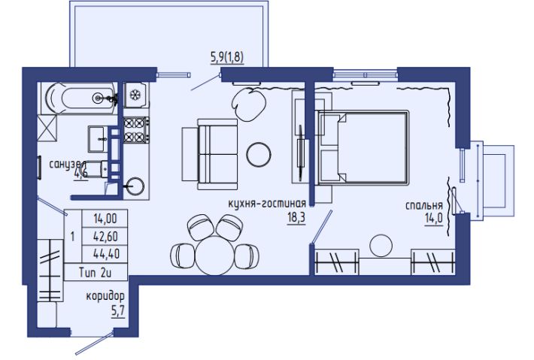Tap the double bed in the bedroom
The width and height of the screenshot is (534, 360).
click(362, 147)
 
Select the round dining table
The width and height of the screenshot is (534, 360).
click(215, 256)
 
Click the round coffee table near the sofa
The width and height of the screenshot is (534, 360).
click(259, 154)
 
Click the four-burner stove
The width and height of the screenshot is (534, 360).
click(136, 129)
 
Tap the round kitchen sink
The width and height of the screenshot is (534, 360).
click(135, 186)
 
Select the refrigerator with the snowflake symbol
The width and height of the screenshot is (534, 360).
click(135, 95)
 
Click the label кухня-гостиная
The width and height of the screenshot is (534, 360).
click(267, 204)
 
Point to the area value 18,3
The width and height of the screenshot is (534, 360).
click(296, 218)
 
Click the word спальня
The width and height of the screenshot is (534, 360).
click(424, 206)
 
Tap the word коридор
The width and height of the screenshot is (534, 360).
click(105, 296)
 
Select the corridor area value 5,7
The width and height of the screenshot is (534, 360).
click(118, 310)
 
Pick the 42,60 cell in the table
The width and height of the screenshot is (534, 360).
click(105, 236)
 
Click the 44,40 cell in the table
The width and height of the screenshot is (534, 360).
click(105, 254)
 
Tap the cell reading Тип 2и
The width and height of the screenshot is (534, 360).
click(96, 272)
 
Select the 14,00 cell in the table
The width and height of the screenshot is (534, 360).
click(105, 219)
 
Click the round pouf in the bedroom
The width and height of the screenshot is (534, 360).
click(381, 245)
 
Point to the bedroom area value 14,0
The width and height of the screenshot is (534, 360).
click(433, 218)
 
